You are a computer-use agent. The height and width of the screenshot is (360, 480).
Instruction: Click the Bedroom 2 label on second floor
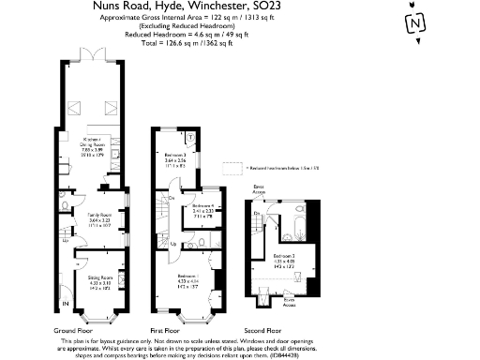pyautogui.click(x=285, y=257)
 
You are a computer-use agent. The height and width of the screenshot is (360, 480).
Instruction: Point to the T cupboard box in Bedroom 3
pyautogui.click(x=190, y=137)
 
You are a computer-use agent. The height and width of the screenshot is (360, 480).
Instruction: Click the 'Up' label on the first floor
pyautogui.click(x=172, y=243)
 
